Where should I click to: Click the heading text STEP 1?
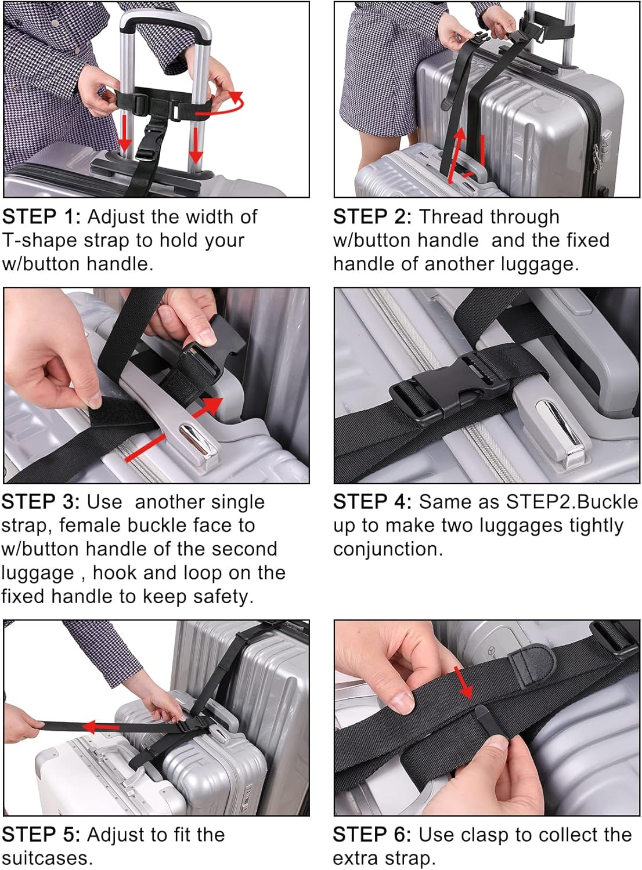pos(41,217)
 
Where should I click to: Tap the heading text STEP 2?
pos(372,217)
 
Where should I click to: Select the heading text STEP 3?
pos(41,502)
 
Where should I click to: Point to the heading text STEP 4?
pos(372,502)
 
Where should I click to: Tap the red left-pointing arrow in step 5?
pos(100,726)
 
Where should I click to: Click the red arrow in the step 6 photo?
pos(464,683)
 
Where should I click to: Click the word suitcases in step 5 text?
pos(47,858)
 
